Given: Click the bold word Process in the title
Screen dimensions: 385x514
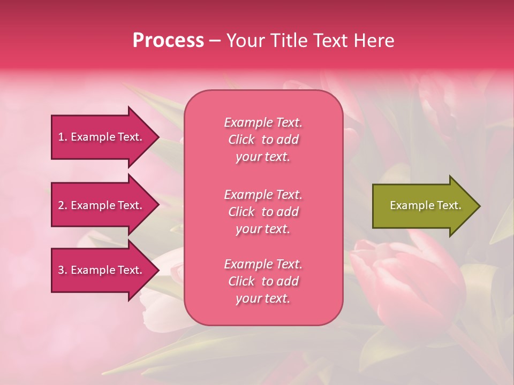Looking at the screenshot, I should [x=168, y=41].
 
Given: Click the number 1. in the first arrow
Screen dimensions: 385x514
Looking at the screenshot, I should [x=63, y=137].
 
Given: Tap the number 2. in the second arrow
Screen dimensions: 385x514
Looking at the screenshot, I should [x=63, y=205].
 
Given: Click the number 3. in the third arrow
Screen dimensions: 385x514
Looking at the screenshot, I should [x=63, y=270].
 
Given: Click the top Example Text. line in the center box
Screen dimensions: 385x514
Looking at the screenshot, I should [x=263, y=122].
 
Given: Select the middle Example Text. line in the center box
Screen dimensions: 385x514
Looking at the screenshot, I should [x=263, y=194].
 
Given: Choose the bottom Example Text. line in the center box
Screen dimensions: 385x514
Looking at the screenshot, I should [x=263, y=264].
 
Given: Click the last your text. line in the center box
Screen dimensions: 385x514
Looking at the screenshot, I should [x=263, y=299].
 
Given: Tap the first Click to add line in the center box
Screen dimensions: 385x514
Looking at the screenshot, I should [x=263, y=140].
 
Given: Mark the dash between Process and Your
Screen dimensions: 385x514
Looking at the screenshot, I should [x=215, y=41].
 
